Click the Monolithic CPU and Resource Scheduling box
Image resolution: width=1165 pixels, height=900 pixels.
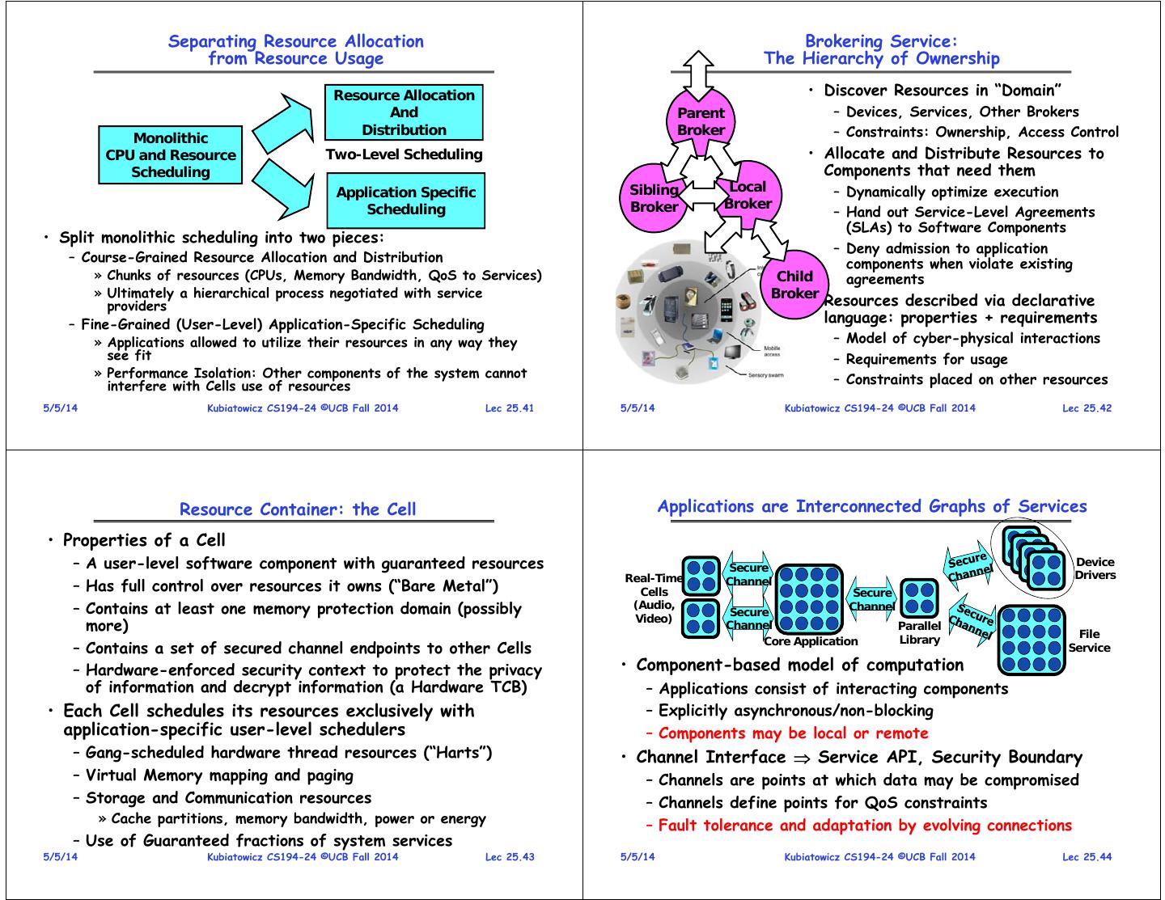171,155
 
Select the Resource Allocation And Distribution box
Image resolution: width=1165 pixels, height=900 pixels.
404,112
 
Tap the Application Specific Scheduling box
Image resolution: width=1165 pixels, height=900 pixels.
405,201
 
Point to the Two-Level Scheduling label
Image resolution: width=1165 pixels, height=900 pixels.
404,154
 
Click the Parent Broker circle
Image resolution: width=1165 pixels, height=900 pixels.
701,121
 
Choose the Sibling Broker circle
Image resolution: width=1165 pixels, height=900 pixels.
654,198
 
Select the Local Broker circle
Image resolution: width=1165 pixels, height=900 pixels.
748,195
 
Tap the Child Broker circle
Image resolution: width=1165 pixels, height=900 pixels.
794,285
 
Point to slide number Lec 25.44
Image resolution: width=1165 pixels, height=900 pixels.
1087,857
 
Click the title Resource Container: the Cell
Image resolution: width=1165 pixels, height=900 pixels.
298,509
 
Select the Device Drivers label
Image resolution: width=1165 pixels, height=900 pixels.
1095,568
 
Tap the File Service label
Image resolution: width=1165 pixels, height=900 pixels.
1089,640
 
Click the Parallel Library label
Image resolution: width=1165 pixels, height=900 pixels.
919,633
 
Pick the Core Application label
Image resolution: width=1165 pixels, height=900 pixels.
811,642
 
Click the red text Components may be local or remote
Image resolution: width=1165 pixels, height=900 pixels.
793,733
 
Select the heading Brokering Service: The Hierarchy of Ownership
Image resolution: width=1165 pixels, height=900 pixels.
881,49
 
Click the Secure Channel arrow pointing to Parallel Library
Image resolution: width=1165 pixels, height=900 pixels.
872,600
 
